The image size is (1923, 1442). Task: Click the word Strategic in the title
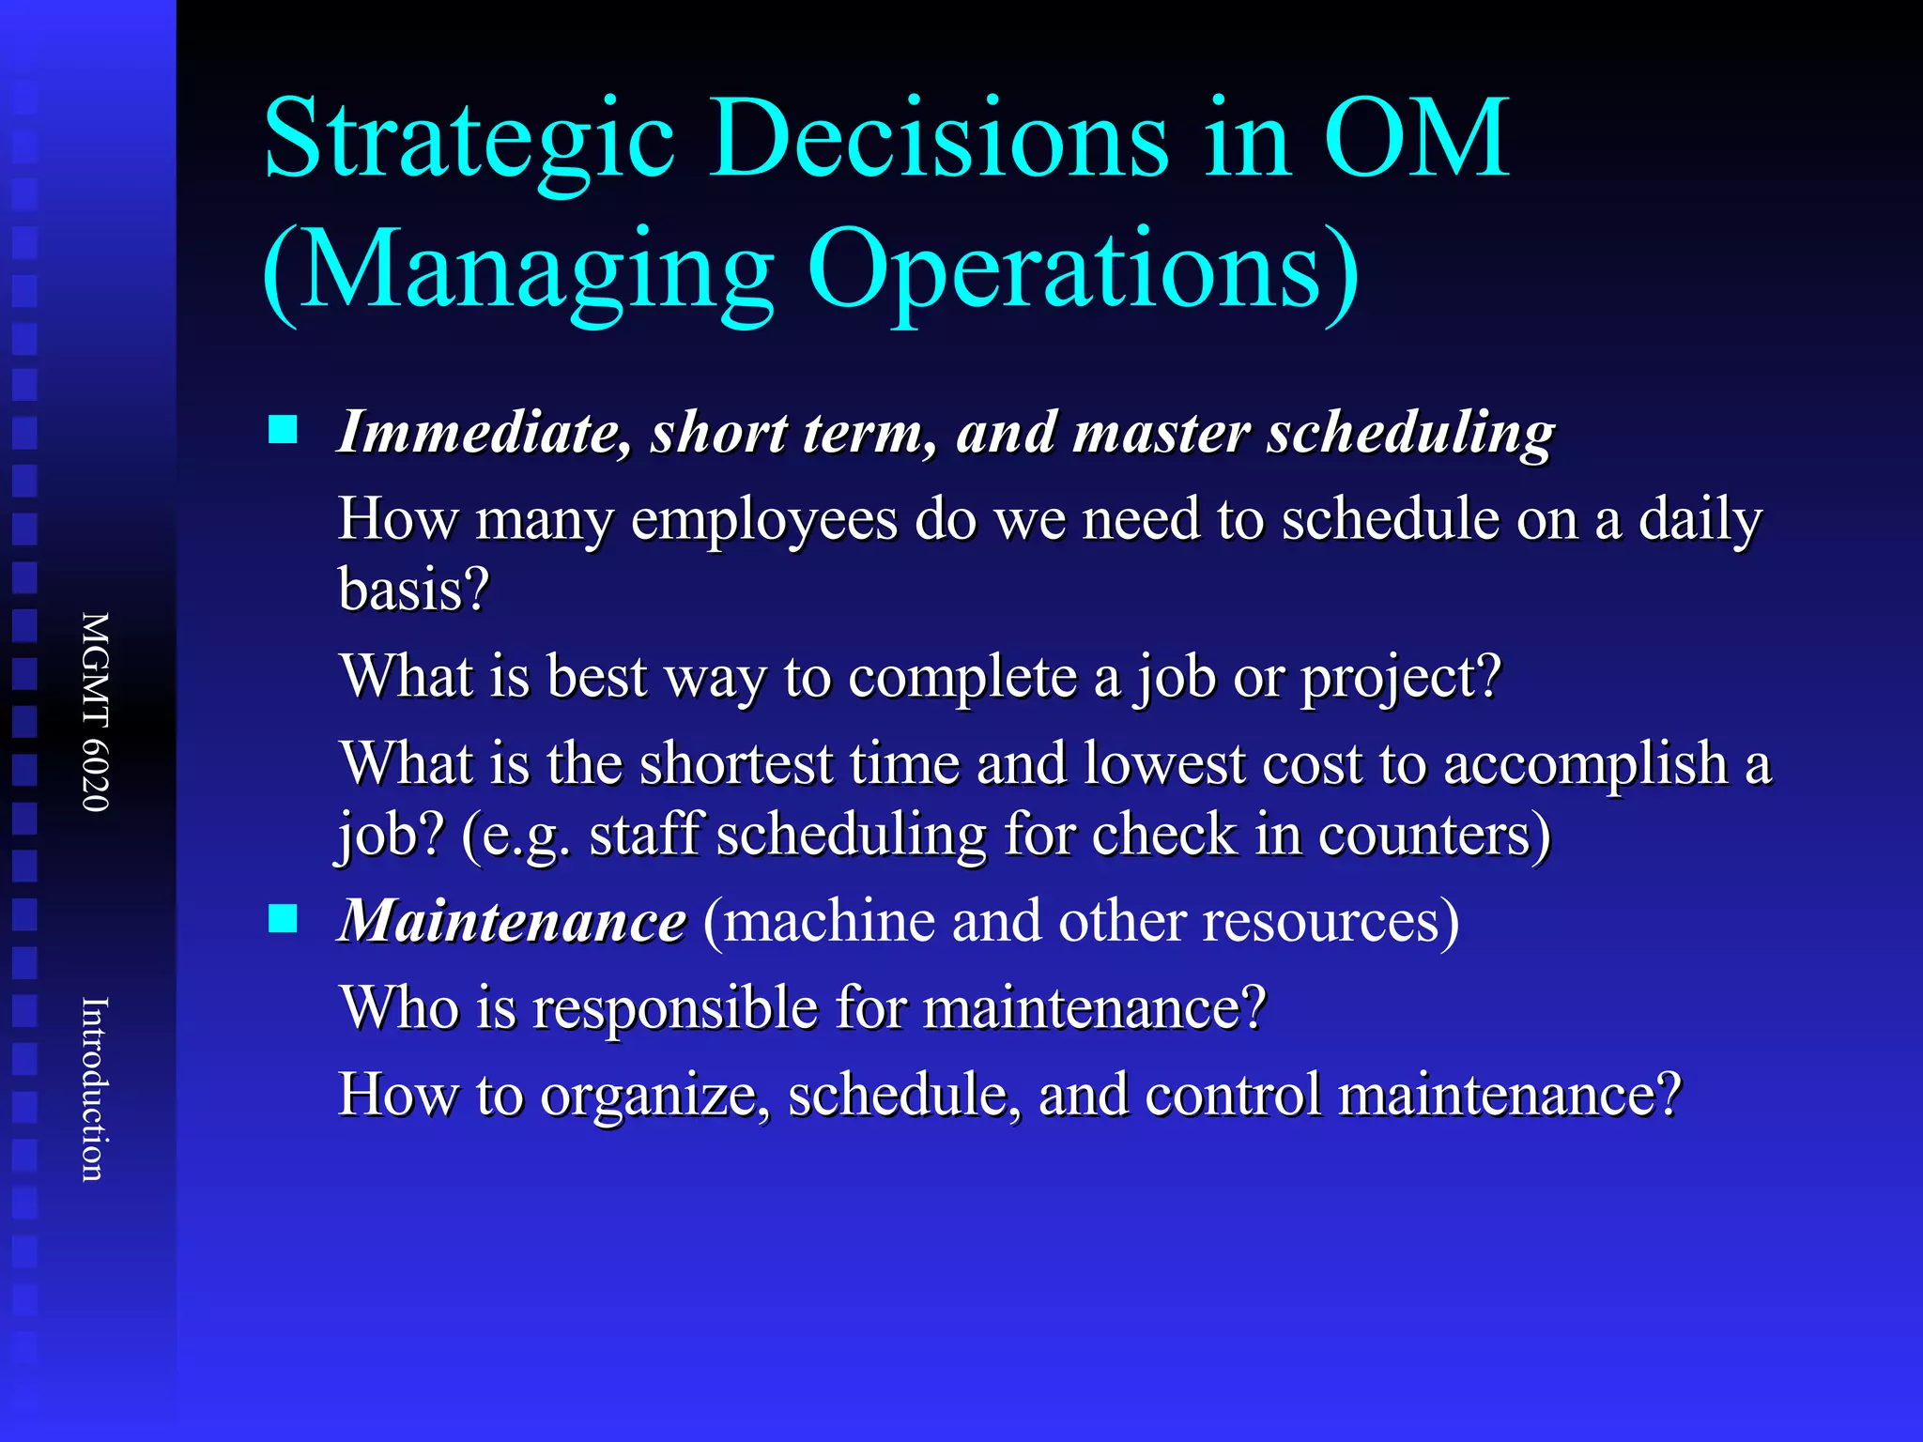tap(469, 141)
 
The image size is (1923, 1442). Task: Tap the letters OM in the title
tap(1416, 141)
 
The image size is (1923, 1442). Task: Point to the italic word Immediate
tap(484, 433)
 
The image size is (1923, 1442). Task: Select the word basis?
tap(414, 591)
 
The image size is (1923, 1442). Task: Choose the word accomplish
tap(1585, 763)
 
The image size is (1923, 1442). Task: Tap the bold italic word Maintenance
tap(512, 921)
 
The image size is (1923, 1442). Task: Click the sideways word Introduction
tap(94, 1089)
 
